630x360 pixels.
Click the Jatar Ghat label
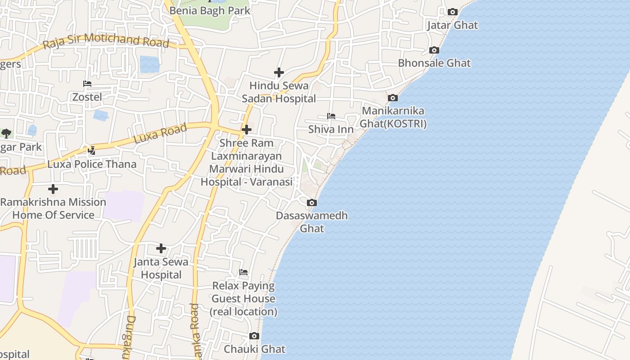click(452, 25)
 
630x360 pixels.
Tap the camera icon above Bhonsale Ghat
click(434, 50)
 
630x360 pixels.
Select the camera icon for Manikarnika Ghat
click(393, 98)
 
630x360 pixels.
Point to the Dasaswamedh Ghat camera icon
click(311, 203)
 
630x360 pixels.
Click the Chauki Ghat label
click(254, 349)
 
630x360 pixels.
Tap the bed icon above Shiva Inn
click(331, 116)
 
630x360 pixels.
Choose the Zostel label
click(87, 97)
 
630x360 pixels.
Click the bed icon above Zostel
click(87, 84)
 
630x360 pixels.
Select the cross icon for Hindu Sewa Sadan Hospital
click(279, 72)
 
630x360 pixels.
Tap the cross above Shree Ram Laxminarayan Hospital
click(246, 130)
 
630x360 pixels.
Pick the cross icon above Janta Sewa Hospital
click(161, 248)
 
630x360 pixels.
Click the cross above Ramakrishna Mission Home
click(53, 189)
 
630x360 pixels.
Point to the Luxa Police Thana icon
click(92, 150)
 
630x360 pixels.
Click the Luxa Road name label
click(160, 134)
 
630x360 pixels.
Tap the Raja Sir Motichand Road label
click(106, 41)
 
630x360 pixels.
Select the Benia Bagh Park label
click(210, 10)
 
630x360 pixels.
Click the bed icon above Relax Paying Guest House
click(243, 272)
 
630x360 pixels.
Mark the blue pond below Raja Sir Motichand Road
click(149, 64)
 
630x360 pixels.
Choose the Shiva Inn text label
click(331, 130)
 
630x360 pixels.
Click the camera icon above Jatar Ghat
click(452, 12)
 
